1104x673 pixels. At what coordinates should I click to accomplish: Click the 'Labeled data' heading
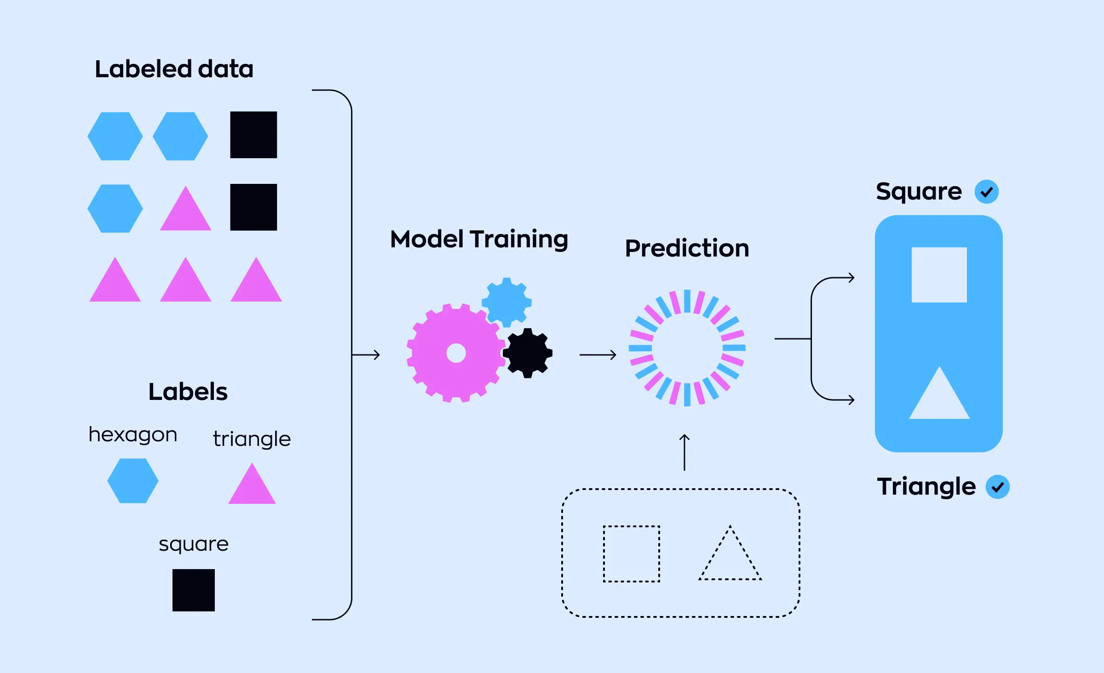tap(174, 69)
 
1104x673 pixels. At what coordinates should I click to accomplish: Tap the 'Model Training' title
tap(479, 239)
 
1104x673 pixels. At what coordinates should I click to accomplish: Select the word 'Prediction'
tap(687, 248)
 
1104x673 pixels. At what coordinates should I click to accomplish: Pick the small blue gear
tap(506, 302)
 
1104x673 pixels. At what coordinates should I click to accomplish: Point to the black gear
tap(528, 353)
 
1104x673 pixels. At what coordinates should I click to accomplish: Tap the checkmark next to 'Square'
tap(986, 192)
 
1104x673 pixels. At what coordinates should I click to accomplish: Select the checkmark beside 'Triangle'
tap(997, 487)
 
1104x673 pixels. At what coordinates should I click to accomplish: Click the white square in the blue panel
tap(939, 275)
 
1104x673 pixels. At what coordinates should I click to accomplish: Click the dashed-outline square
tap(632, 553)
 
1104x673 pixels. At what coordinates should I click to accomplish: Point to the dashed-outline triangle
tap(730, 559)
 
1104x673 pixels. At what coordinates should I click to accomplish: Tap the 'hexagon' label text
tap(133, 434)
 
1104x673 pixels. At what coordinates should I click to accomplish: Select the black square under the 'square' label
tap(194, 590)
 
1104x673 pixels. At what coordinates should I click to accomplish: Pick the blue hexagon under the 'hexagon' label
tap(133, 481)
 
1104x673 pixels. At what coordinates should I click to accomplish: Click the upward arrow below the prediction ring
tap(684, 452)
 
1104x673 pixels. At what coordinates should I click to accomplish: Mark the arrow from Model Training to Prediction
tap(598, 355)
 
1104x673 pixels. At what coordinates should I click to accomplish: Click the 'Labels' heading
tap(188, 392)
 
